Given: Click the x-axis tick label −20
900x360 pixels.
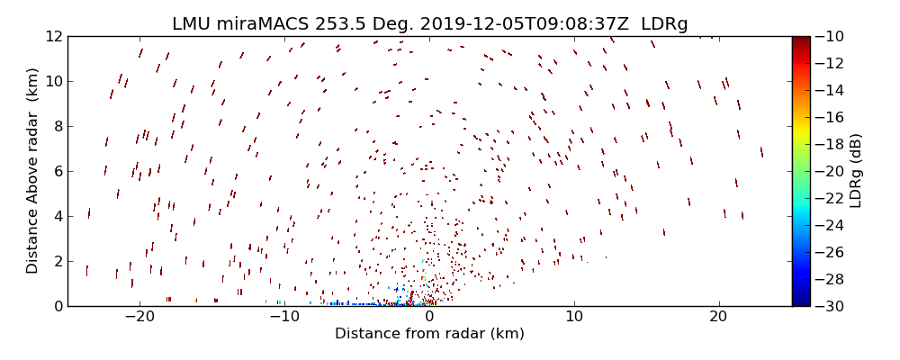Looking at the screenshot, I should [139, 317].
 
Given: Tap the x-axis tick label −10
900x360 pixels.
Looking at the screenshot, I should [283, 317].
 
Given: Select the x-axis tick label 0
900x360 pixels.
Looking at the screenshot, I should [429, 317].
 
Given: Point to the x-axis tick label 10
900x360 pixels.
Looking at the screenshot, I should [574, 317].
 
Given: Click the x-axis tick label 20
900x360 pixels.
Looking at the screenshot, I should [718, 317].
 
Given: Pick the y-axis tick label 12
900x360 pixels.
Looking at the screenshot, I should [53, 36].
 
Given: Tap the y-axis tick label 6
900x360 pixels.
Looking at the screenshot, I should [57, 171].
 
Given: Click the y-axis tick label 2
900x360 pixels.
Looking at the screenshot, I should [57, 261].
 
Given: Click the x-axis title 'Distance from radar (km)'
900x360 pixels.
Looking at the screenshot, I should [429, 334].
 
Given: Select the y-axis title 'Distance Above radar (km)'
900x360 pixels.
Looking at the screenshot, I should [32, 171].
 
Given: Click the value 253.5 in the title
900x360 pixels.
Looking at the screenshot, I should [326, 23].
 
